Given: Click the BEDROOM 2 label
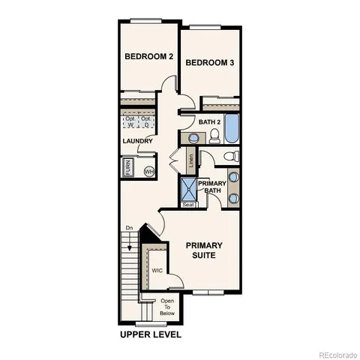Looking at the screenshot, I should click(x=148, y=56).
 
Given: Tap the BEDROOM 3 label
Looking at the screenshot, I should click(x=211, y=63).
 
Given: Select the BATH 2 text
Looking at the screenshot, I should click(x=208, y=121).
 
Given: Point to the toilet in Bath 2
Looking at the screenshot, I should click(x=214, y=136).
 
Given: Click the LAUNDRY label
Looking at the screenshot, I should click(x=138, y=141).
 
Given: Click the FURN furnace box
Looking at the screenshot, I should click(x=129, y=169).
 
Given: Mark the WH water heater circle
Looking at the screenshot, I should click(x=148, y=171).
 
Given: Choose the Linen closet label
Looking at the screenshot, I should click(x=191, y=159).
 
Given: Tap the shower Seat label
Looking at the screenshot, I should click(x=188, y=204).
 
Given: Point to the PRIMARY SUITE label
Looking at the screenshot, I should click(x=202, y=250).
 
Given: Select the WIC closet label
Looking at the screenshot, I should click(x=157, y=270).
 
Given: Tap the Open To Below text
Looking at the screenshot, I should click(x=167, y=307).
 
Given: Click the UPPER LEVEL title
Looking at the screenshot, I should click(x=151, y=334).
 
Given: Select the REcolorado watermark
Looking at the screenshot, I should click(x=336, y=354).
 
